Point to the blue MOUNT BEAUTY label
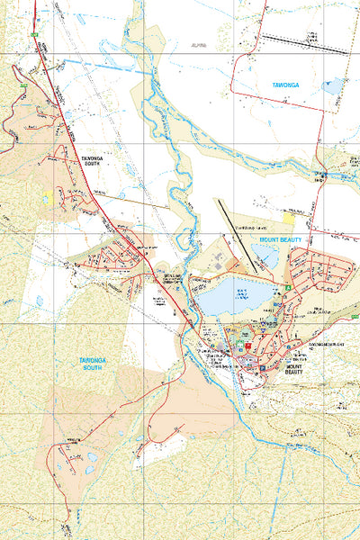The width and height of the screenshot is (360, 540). [x=282, y=241]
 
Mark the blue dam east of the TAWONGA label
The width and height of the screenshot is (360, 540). [x=333, y=87]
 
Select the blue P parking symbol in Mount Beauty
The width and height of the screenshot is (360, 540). [x=262, y=367]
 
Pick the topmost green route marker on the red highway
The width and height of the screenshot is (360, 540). [x=33, y=34]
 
